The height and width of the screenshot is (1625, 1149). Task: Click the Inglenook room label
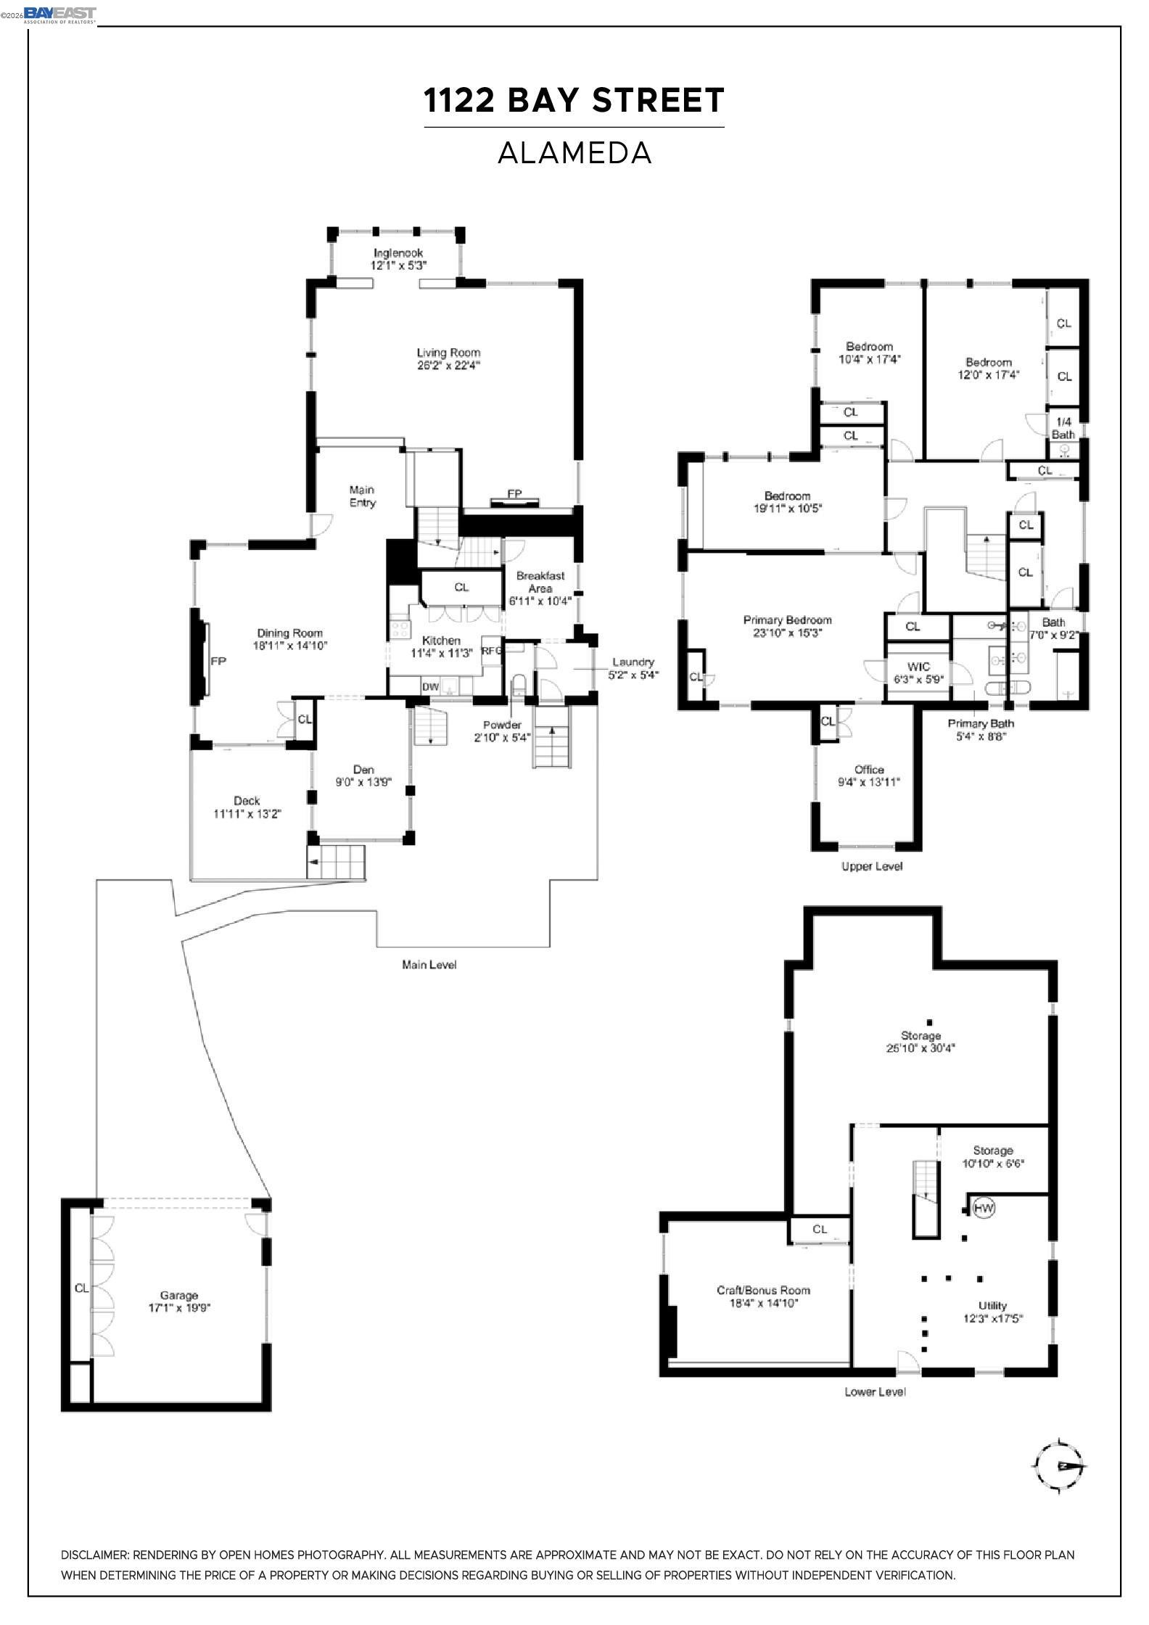point(398,253)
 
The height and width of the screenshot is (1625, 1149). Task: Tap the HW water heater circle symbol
point(984,1208)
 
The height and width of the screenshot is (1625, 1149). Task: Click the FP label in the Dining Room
point(218,662)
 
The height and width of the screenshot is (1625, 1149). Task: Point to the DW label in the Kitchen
point(430,686)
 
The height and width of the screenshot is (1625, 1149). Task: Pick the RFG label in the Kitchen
point(492,651)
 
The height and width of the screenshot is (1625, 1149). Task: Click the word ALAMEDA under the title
point(574,153)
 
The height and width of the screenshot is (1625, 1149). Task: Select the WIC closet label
point(918,667)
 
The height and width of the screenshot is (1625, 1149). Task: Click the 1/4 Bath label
point(1063,428)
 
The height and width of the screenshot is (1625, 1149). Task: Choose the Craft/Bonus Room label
point(763,1290)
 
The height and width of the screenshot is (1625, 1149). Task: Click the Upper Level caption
point(872,866)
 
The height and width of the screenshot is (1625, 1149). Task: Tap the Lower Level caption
point(875,1391)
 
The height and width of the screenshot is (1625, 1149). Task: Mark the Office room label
point(869,769)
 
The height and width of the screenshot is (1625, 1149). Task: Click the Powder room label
point(502,725)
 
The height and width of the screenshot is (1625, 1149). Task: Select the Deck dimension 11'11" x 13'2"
point(247,814)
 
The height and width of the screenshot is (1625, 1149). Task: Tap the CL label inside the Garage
point(81,1288)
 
